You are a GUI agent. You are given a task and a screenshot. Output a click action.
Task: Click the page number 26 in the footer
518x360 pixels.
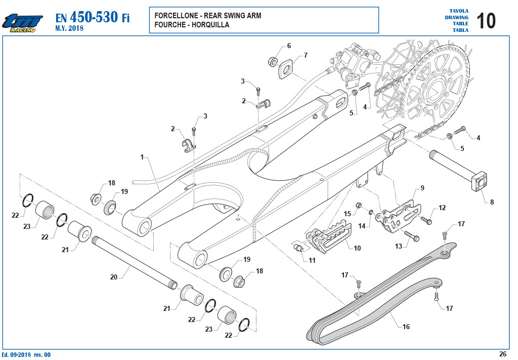pyautogui.click(x=502, y=354)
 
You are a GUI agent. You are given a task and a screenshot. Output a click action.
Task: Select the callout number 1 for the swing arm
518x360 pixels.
pyautogui.click(x=142, y=157)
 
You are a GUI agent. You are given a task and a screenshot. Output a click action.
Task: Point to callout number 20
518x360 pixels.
pyautogui.click(x=114, y=277)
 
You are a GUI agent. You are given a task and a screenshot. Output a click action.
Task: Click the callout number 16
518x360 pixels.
pyautogui.click(x=406, y=327)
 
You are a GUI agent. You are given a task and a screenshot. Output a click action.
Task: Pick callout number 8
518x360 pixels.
pyautogui.click(x=492, y=202)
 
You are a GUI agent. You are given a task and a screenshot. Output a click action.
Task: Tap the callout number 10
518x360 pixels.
pyautogui.click(x=357, y=248)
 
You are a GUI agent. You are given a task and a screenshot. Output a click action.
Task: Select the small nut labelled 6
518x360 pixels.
pyautogui.click(x=273, y=61)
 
